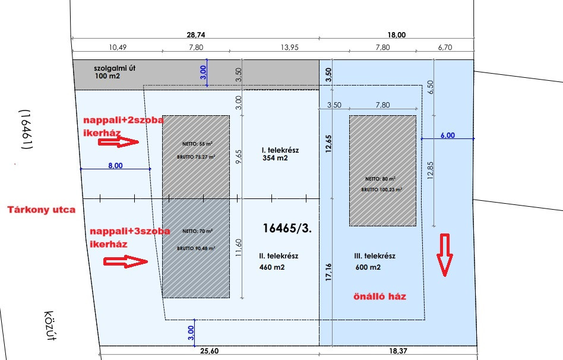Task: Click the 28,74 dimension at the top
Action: point(197,36)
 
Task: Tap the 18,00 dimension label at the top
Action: point(397,36)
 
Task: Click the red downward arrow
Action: point(445,255)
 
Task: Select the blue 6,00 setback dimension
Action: point(447,135)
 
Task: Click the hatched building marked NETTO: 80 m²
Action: point(383,171)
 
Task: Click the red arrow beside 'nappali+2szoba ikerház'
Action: point(128,141)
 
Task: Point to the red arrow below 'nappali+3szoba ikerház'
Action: point(125,261)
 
